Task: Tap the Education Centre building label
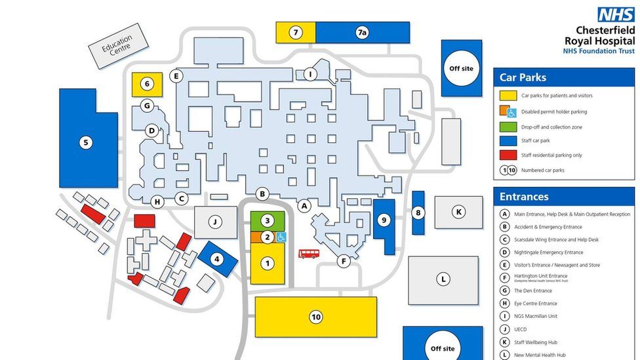click(117, 47)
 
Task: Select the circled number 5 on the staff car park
click(85, 142)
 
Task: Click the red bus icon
click(309, 253)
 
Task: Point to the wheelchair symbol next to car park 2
click(281, 237)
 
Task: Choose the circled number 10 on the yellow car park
click(316, 317)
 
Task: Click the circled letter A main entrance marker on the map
click(304, 206)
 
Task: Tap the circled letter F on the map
click(343, 262)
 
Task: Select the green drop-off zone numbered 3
click(267, 220)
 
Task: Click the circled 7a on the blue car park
click(362, 32)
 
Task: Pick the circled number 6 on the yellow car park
click(148, 84)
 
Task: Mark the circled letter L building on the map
click(444, 279)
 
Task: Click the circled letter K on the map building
click(459, 212)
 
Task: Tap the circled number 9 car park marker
click(384, 220)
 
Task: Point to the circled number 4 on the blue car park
click(217, 259)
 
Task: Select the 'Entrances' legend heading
click(525, 197)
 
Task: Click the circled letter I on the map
click(310, 75)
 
